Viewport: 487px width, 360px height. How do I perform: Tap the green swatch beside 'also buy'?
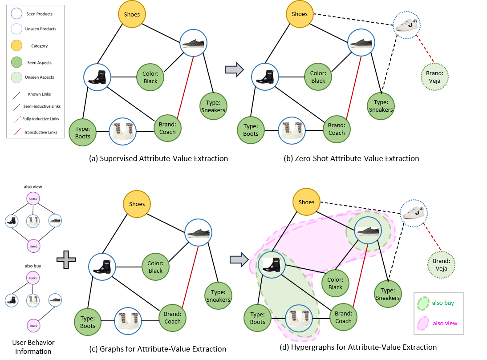click(x=423, y=303)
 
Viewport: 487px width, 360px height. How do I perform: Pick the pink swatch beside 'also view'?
click(x=423, y=324)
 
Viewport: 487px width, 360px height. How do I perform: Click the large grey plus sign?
click(x=66, y=259)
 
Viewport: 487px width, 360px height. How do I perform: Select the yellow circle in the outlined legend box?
click(x=16, y=45)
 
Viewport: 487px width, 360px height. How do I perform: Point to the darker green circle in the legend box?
click(x=16, y=62)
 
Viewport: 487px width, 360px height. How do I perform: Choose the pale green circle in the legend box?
click(x=16, y=78)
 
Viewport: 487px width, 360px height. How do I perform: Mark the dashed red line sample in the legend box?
click(x=17, y=119)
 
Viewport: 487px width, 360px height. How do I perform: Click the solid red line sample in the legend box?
click(x=17, y=132)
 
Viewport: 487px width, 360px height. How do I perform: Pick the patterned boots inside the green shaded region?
click(x=298, y=318)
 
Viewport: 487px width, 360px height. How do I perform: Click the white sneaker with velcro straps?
click(x=414, y=213)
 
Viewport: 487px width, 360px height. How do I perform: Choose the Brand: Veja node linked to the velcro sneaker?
click(x=441, y=265)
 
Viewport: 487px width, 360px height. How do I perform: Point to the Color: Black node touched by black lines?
click(x=335, y=283)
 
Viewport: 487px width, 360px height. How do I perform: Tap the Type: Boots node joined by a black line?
click(x=257, y=318)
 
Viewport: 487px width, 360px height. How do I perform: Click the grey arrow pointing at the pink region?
click(x=239, y=259)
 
